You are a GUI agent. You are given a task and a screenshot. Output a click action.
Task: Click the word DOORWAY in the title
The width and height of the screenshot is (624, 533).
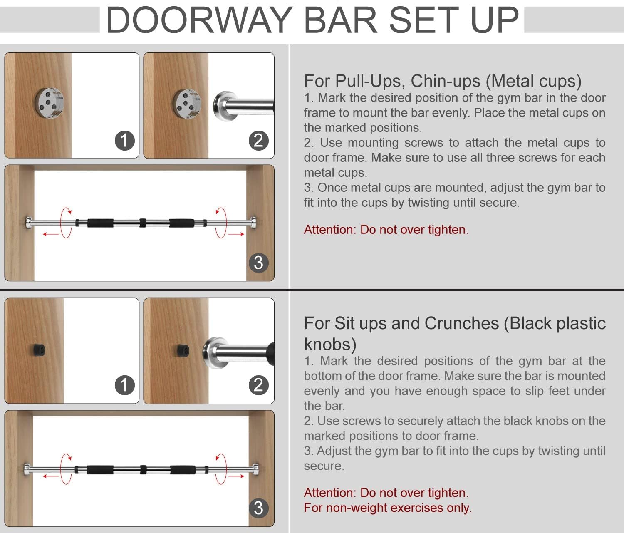pos(199,20)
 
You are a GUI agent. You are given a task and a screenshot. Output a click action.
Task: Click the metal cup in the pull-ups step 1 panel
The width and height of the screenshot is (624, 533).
pos(50,103)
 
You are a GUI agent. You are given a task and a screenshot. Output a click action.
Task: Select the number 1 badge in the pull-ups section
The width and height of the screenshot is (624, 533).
pos(125,140)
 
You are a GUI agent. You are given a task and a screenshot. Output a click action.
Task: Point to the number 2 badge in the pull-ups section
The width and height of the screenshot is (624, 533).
pos(258,140)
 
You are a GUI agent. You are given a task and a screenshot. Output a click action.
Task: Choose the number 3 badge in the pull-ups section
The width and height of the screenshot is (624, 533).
pos(258,263)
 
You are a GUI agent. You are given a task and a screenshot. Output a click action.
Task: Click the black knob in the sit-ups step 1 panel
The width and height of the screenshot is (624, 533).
pos(38,350)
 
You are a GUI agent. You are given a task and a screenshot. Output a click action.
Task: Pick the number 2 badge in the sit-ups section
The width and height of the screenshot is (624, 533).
pos(258,385)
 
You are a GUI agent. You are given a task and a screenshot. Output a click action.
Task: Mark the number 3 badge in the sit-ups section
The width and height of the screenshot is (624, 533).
pos(258,508)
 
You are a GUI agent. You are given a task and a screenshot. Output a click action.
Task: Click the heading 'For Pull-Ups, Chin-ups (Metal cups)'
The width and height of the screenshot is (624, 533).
pos(443,81)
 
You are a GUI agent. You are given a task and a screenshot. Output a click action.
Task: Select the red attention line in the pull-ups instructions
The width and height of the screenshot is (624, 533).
pos(386,230)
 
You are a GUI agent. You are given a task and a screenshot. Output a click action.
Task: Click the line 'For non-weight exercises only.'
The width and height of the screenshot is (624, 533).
pos(388,508)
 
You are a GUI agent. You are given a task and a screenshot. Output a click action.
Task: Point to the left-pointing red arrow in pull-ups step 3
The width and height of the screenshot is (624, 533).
pos(51,234)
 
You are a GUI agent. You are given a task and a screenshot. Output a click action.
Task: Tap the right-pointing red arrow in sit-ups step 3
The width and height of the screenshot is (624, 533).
pos(236,476)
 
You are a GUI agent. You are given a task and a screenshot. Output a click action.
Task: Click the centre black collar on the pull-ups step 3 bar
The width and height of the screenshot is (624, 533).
pos(143,223)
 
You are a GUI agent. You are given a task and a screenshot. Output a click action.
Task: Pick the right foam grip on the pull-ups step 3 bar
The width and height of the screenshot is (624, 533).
pos(181,223)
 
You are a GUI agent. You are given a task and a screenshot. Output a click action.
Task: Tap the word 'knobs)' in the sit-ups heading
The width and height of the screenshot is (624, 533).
pos(330,344)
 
